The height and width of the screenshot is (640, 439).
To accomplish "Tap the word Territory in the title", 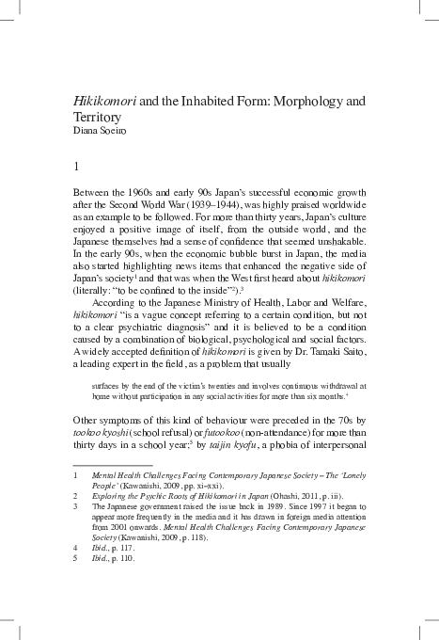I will tap(98, 117).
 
